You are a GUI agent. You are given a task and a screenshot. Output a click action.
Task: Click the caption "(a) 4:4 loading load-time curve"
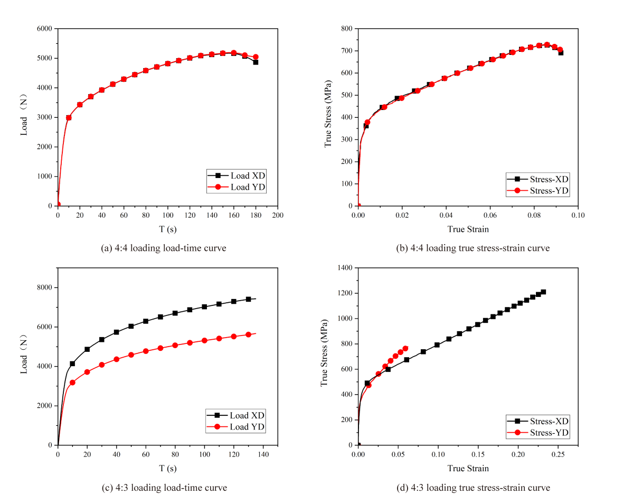pyautogui.click(x=163, y=248)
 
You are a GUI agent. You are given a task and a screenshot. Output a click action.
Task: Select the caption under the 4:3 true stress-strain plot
pyautogui.click(x=473, y=488)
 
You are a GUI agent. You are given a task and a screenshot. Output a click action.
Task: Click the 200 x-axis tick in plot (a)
pyautogui.click(x=278, y=215)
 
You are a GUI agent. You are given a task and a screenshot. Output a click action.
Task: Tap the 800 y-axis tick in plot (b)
pyautogui.click(x=346, y=29)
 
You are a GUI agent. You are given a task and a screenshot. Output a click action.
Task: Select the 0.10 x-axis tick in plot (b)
pyautogui.click(x=578, y=215)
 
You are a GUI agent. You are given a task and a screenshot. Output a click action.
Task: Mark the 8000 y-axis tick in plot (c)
pyautogui.click(x=43, y=287)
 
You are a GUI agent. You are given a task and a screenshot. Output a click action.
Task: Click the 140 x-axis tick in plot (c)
pyautogui.click(x=262, y=454)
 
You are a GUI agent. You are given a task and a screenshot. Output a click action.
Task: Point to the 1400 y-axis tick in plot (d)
pyautogui.click(x=344, y=268)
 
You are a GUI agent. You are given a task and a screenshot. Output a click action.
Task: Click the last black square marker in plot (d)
pyautogui.click(x=543, y=292)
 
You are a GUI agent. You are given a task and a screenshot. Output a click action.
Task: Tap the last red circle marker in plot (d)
pyautogui.click(x=405, y=348)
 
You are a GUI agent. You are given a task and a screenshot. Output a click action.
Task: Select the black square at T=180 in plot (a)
pyautogui.click(x=256, y=62)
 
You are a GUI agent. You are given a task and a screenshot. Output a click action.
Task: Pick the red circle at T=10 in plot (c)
pyautogui.click(x=72, y=383)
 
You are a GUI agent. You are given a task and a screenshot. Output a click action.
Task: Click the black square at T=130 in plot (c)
pyautogui.click(x=248, y=299)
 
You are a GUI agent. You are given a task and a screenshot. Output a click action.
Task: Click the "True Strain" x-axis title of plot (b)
pyautogui.click(x=468, y=229)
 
